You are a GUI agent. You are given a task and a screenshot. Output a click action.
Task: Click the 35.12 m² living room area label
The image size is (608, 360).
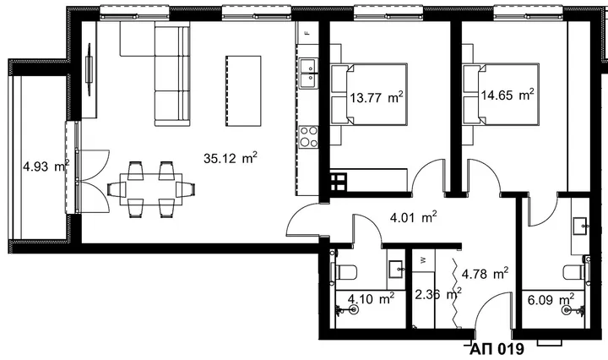tap(231, 157)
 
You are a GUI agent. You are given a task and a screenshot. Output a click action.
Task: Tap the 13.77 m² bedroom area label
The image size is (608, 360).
tap(377, 97)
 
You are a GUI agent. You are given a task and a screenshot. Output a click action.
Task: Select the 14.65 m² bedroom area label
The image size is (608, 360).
tap(508, 95)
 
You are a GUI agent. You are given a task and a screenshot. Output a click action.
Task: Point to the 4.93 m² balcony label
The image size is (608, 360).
tap(46, 166)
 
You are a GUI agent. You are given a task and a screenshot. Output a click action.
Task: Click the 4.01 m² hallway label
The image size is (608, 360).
tap(413, 217)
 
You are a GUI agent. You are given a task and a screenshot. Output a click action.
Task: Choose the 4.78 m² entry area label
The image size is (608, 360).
tap(485, 274)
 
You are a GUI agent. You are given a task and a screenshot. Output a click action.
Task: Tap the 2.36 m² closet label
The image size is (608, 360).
tap(438, 294)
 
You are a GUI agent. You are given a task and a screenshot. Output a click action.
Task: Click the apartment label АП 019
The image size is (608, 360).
tap(497, 349)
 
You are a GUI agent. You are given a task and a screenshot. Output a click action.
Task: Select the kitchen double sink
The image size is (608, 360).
tap(309, 74)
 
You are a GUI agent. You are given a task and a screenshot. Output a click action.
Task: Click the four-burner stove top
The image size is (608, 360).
tap(309, 137)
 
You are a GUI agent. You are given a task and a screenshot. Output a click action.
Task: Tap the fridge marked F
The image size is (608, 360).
tap(307, 33)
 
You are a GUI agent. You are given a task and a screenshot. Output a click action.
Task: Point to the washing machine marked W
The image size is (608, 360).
tap(423, 260)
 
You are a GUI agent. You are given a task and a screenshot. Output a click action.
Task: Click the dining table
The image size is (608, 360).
tap(151, 190)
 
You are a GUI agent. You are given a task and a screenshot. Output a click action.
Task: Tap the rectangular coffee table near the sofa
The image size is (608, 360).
tap(243, 90)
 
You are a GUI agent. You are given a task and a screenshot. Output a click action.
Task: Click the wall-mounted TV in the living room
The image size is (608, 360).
tap(90, 70)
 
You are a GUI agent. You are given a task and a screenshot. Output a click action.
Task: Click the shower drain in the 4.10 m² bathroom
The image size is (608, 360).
tap(353, 309)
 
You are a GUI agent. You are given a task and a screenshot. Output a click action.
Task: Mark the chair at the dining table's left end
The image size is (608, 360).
tap(117, 189)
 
